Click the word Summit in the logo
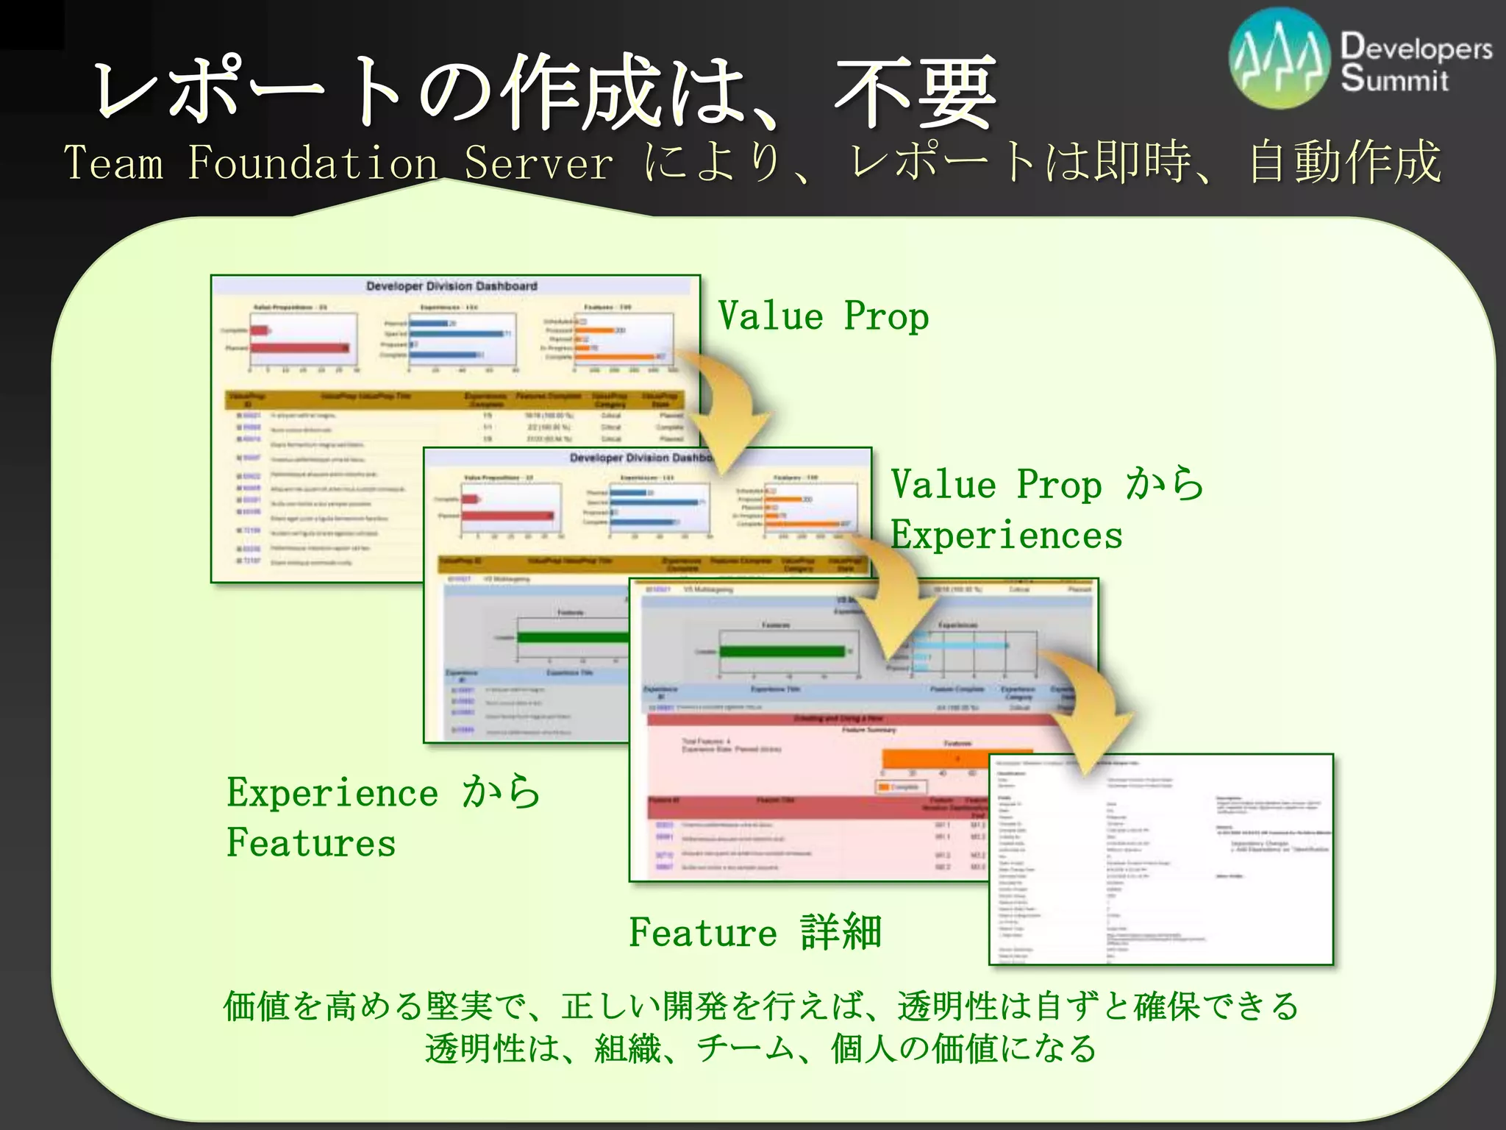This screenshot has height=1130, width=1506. [x=1394, y=79]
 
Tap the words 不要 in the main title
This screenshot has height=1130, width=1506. [x=916, y=92]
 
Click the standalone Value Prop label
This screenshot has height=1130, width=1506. [x=823, y=316]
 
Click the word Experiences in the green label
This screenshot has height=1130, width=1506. [x=1007, y=535]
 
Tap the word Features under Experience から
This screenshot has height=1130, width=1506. [x=311, y=843]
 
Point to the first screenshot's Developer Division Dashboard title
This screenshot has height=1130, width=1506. [x=452, y=286]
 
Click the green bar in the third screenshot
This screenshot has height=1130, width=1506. [x=781, y=651]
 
